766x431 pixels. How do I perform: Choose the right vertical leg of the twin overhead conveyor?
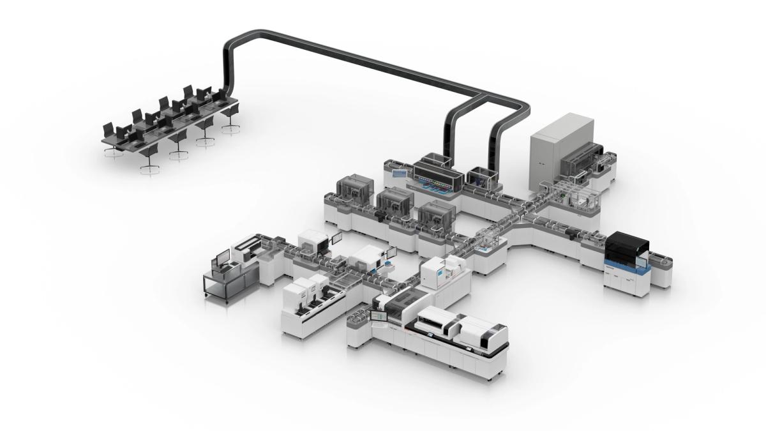point(497,143)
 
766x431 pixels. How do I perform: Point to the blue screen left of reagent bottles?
point(398,173)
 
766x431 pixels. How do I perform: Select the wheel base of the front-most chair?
point(149,167)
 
